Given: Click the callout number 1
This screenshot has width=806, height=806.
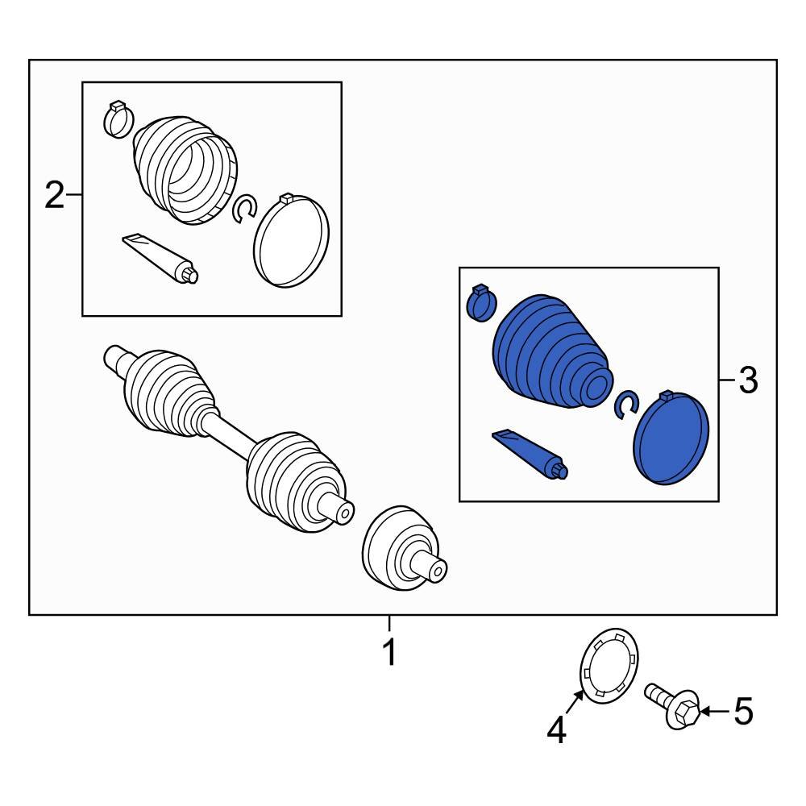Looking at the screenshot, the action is click(390, 652).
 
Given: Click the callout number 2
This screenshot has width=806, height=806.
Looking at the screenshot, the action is click(55, 195).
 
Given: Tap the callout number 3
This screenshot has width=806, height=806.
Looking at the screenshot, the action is click(749, 380).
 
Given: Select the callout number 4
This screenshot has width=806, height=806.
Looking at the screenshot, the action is click(557, 730).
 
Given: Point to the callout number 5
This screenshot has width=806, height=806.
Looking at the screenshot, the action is click(743, 712).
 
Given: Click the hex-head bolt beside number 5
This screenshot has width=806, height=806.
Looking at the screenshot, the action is click(672, 704).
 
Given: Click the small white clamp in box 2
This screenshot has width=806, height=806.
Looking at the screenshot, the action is click(118, 119).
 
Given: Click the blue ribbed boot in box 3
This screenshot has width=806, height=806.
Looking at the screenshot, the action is click(553, 352).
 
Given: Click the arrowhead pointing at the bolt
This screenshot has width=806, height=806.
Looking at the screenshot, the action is click(705, 712).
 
